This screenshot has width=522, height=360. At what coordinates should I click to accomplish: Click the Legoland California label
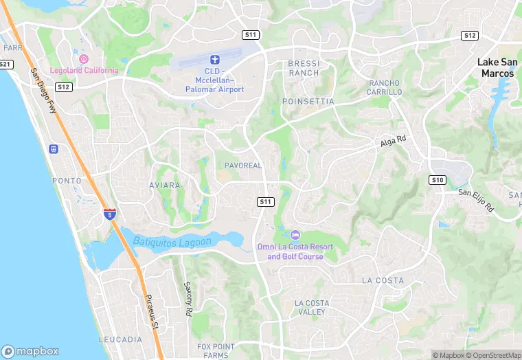point(84,71)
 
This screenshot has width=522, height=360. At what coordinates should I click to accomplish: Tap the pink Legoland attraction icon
point(84,59)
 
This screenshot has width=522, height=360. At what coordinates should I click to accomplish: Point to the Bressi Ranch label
point(304,68)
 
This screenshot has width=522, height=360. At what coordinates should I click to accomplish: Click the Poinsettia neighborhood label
point(308,102)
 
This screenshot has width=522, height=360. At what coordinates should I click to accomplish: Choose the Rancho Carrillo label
point(385,87)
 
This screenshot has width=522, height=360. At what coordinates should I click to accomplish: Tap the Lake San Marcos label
point(496,67)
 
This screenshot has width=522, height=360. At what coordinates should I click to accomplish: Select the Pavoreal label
point(243,166)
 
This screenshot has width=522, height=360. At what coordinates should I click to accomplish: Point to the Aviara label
point(165,185)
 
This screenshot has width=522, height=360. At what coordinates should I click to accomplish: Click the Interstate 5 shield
point(109,214)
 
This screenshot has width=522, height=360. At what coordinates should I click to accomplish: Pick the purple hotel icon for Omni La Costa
point(295,235)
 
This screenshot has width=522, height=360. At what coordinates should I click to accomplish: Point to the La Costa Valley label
point(311,307)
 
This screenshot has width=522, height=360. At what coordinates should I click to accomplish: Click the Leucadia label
point(120,340)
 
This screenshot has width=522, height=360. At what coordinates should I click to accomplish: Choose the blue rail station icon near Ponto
point(54,149)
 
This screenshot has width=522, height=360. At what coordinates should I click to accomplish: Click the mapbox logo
point(31,350)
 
